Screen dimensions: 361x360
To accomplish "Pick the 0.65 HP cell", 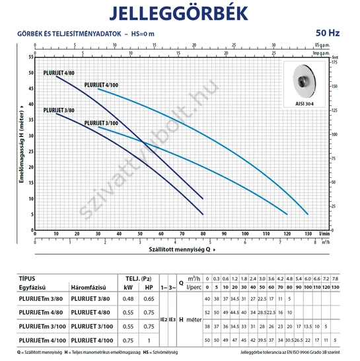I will (149, 300).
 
